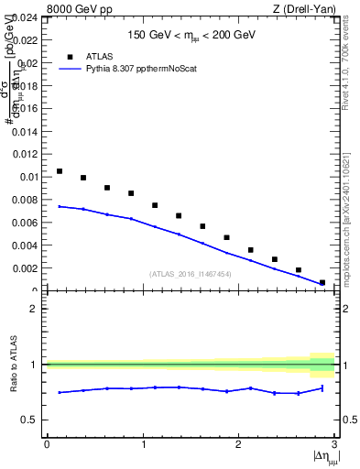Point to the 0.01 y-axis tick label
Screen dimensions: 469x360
28,177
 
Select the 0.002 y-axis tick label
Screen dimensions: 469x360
26,268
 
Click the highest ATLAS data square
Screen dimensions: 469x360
60,171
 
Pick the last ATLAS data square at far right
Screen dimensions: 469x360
322,282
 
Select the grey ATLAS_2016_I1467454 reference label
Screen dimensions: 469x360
190,274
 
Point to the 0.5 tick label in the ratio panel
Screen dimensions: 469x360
30,420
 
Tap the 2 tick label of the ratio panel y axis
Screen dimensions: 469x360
34,309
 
